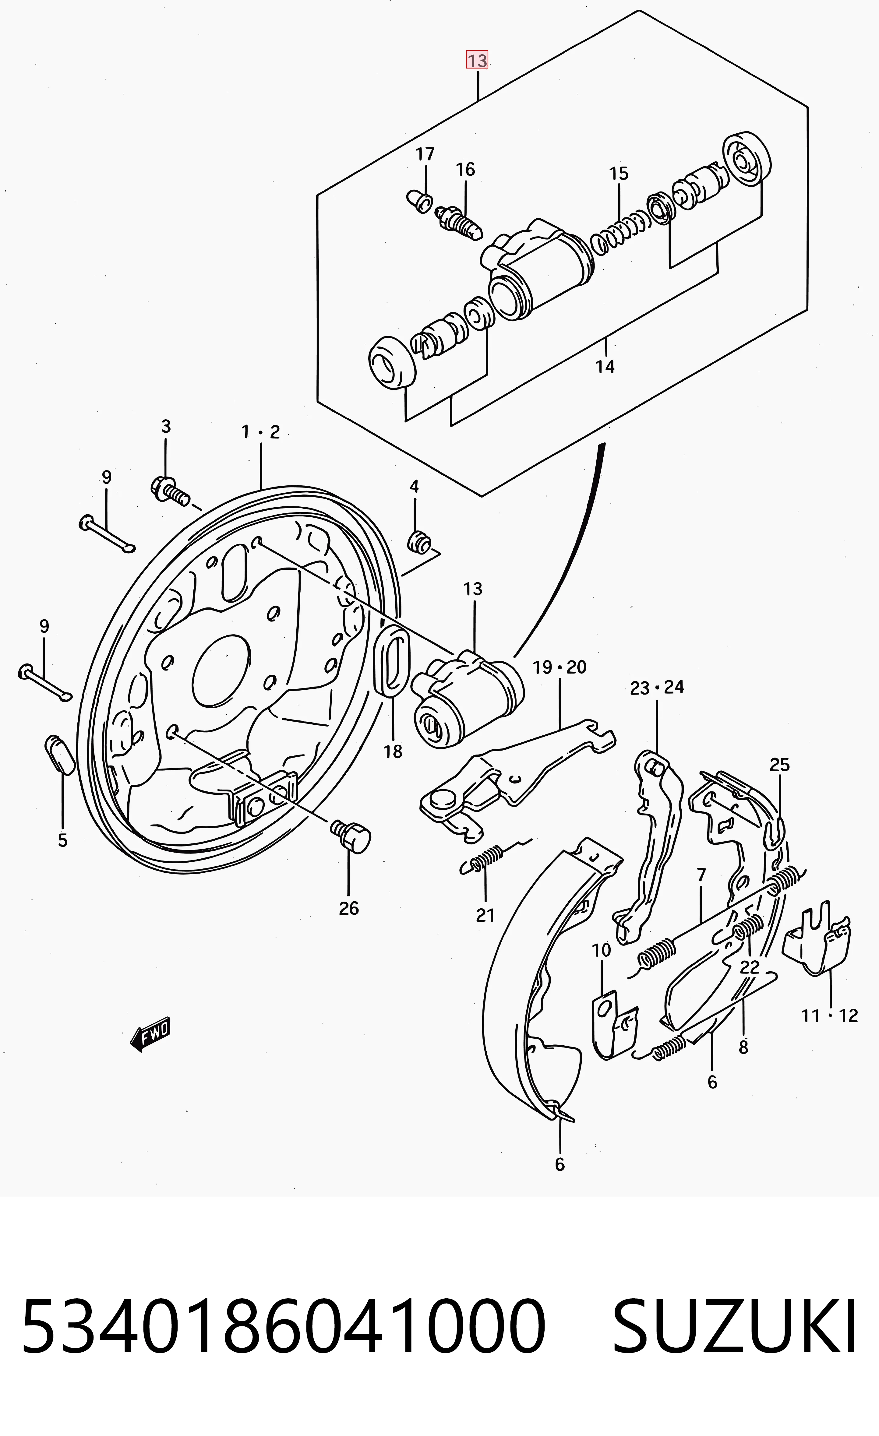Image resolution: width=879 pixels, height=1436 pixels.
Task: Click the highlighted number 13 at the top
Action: pyautogui.click(x=477, y=60)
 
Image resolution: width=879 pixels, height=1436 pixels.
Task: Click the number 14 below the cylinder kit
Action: pyautogui.click(x=605, y=367)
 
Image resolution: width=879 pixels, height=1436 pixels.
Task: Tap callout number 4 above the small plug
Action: pyautogui.click(x=414, y=486)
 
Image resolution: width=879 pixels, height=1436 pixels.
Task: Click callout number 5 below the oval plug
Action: pyautogui.click(x=62, y=840)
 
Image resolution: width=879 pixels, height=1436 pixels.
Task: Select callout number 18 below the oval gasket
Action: pyautogui.click(x=393, y=752)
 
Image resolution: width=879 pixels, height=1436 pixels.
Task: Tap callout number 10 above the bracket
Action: pyautogui.click(x=602, y=950)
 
